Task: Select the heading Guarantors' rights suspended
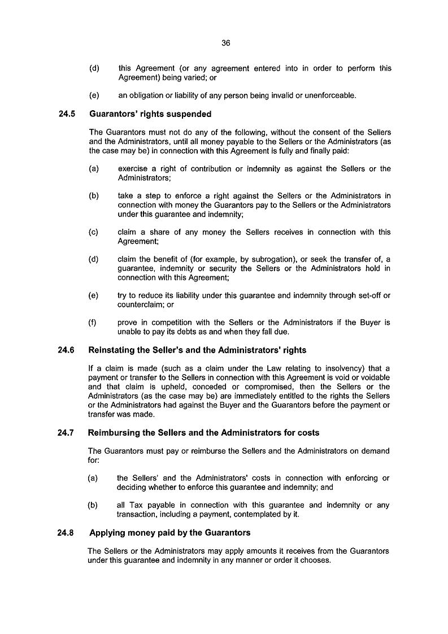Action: coord(150,114)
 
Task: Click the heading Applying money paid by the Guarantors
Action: coord(169,533)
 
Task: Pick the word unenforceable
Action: coord(330,95)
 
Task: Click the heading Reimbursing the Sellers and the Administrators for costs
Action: coord(204,433)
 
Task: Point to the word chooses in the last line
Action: coord(315,561)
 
